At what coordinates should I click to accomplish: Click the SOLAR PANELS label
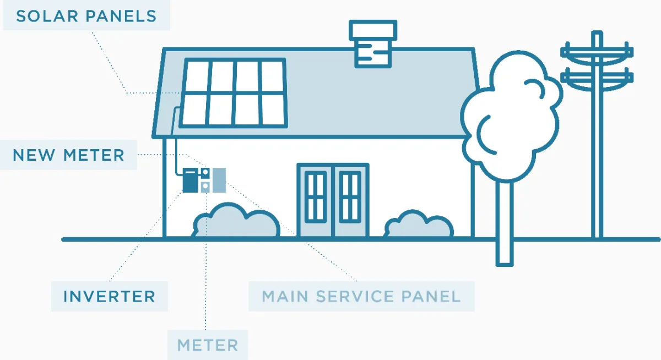[x=86, y=16]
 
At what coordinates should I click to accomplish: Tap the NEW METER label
[x=68, y=155]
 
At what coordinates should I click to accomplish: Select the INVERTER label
[x=109, y=296]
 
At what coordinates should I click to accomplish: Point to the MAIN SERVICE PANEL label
[x=361, y=296]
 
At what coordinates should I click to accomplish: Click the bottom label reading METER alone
[x=208, y=345]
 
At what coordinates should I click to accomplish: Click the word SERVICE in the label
[x=355, y=296]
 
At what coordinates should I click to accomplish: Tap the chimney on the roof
[x=373, y=43]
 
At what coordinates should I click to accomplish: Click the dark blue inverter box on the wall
[x=191, y=180]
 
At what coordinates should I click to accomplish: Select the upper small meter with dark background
[x=205, y=173]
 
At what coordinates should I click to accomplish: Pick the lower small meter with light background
[x=205, y=187]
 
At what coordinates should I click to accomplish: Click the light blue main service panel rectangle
[x=219, y=180]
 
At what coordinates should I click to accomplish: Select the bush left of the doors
[x=236, y=220]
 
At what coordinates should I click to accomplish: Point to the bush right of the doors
[x=419, y=224]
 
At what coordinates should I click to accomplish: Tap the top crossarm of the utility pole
[x=597, y=53]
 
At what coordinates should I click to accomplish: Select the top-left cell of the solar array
[x=197, y=77]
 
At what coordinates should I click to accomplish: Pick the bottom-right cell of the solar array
[x=273, y=110]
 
